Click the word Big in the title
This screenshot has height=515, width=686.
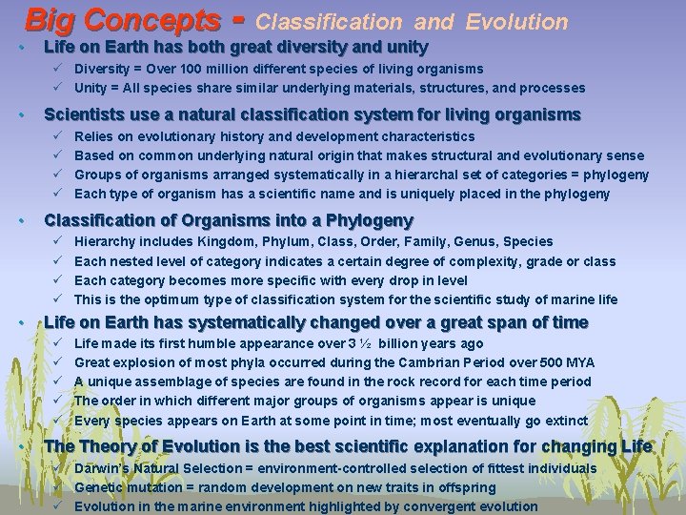click(x=49, y=20)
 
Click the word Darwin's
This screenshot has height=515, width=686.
click(x=102, y=468)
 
